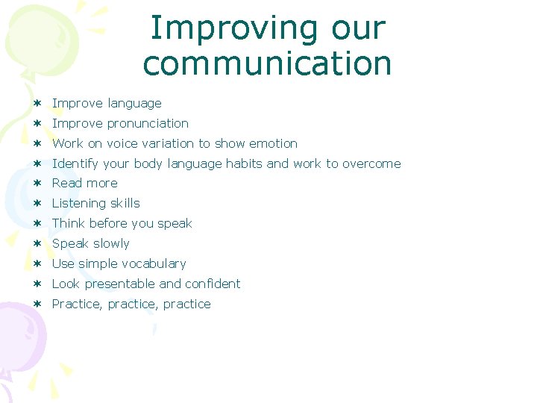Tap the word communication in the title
tap(267, 63)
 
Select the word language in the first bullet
tap(134, 104)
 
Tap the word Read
tap(67, 184)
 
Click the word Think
tap(69, 224)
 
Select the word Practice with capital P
tap(78, 304)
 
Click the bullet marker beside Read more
tap(37, 184)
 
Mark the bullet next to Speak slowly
tap(37, 244)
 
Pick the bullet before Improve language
tap(37, 104)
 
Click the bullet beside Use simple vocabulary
tap(37, 264)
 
